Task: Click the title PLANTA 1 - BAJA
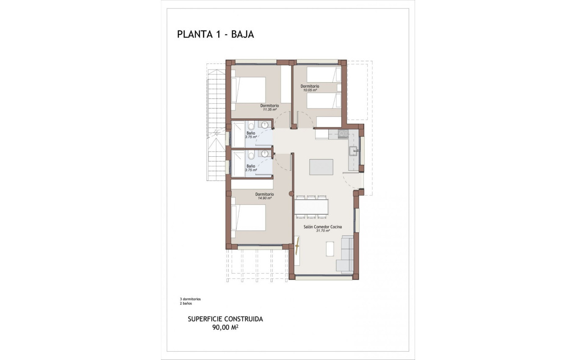pyautogui.click(x=215, y=35)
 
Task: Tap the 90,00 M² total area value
pyautogui.click(x=225, y=327)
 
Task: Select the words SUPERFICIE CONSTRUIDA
pyautogui.click(x=225, y=319)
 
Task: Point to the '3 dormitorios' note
pyautogui.click(x=190, y=299)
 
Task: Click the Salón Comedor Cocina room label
pyautogui.click(x=322, y=227)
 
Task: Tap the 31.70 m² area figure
pyautogui.click(x=322, y=231)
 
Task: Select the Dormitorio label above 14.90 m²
pyautogui.click(x=264, y=194)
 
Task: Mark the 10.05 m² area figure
pyautogui.click(x=310, y=90)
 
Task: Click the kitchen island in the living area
pyautogui.click(x=321, y=167)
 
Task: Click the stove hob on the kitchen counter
pyautogui.click(x=343, y=134)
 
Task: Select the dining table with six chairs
pyautogui.click(x=311, y=207)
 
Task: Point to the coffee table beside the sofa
pyautogui.click(x=330, y=249)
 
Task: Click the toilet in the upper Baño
pyautogui.click(x=250, y=126)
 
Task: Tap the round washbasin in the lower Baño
pyautogui.click(x=265, y=155)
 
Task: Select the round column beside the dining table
pyautogui.click(x=291, y=194)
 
